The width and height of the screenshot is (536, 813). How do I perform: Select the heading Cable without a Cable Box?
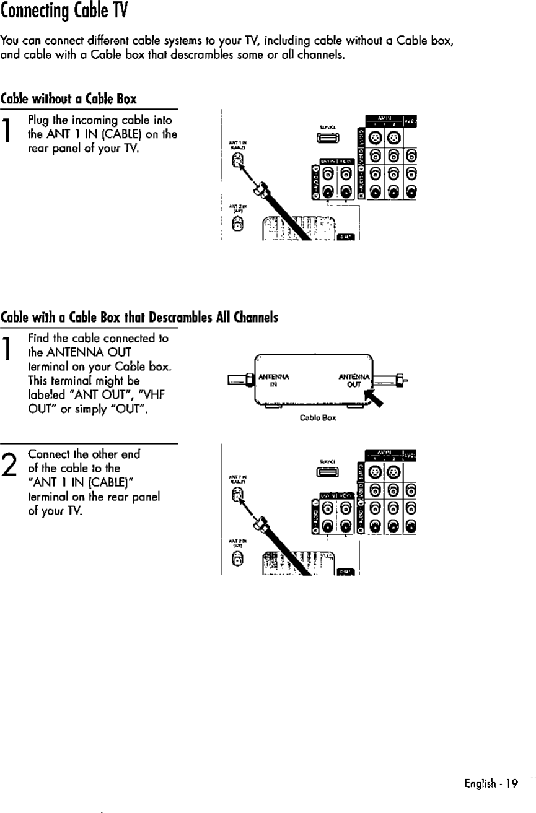[68, 98]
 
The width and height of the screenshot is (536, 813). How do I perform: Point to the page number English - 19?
[491, 783]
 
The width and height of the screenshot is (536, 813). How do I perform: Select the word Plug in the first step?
[38, 120]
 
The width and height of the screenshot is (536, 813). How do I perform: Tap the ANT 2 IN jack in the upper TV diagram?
[236, 227]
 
